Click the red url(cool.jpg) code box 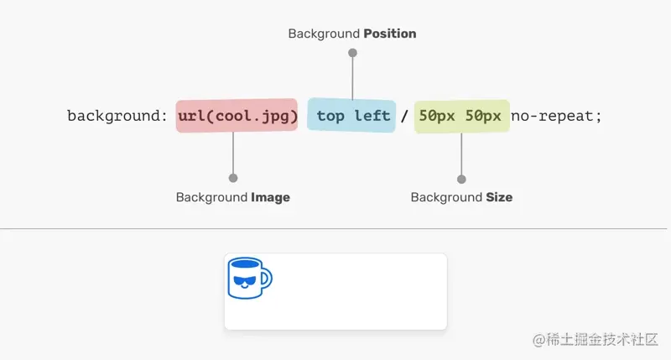tap(237, 116)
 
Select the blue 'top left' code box tap(351, 115)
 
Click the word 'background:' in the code tap(117, 117)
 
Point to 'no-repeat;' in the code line tap(556, 116)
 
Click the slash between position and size tap(404, 116)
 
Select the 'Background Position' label tap(352, 34)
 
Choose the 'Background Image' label tap(233, 197)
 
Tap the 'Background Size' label tap(461, 197)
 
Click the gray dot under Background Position tap(352, 53)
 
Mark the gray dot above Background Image tap(233, 178)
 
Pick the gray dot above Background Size tap(461, 180)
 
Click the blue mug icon tap(250, 279)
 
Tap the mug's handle tap(266, 279)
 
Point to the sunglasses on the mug tap(245, 281)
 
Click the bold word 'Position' tap(390, 34)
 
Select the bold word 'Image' tap(270, 197)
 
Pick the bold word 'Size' tap(499, 197)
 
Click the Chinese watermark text tap(596, 340)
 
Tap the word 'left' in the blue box tap(372, 116)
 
